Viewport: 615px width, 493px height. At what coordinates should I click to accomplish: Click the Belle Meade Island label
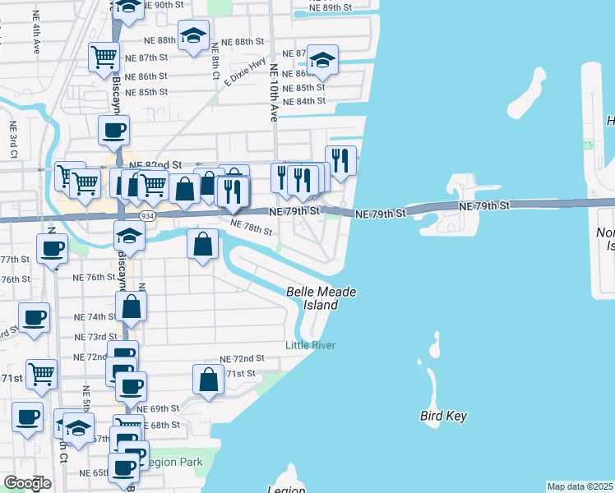point(312,298)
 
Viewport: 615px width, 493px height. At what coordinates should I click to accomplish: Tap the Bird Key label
point(443,416)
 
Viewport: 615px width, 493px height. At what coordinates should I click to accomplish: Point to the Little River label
point(310,345)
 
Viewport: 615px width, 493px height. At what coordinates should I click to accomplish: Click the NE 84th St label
point(303,101)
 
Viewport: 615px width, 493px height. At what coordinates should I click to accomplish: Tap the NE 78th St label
point(251,226)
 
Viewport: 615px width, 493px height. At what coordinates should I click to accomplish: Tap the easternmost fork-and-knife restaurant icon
point(340,159)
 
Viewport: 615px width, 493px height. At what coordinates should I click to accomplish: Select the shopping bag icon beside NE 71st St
point(209,379)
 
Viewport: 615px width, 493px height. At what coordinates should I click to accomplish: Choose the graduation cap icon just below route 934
point(130,235)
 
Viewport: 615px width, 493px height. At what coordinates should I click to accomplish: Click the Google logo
point(27,483)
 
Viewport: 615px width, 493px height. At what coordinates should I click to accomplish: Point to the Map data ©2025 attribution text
point(580,486)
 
